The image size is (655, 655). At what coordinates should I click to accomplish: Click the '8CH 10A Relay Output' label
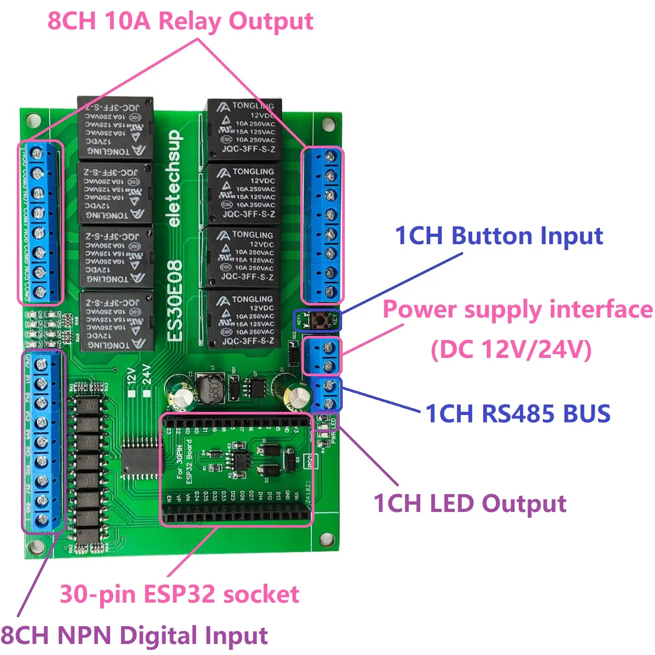pyautogui.click(x=180, y=21)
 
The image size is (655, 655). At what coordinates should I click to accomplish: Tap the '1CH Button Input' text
pyautogui.click(x=498, y=236)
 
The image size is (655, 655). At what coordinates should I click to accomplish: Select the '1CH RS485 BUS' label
pyautogui.click(x=518, y=413)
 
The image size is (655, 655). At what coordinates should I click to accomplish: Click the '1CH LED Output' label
pyautogui.click(x=470, y=504)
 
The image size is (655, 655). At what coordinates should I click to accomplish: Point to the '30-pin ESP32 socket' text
pyautogui.click(x=179, y=594)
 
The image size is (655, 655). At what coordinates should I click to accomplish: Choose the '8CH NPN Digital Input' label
pyautogui.click(x=134, y=635)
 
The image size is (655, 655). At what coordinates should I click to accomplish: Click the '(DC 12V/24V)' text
pyautogui.click(x=511, y=350)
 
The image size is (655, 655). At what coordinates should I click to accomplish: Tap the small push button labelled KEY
pyautogui.click(x=318, y=320)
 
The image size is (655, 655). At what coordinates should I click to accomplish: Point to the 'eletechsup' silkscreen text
pyautogui.click(x=174, y=178)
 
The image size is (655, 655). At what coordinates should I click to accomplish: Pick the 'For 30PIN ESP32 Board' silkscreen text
pyautogui.click(x=184, y=461)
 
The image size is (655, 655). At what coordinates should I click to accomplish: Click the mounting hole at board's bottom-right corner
pyautogui.click(x=327, y=540)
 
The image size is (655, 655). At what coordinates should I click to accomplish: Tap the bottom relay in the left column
pyautogui.click(x=116, y=321)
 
